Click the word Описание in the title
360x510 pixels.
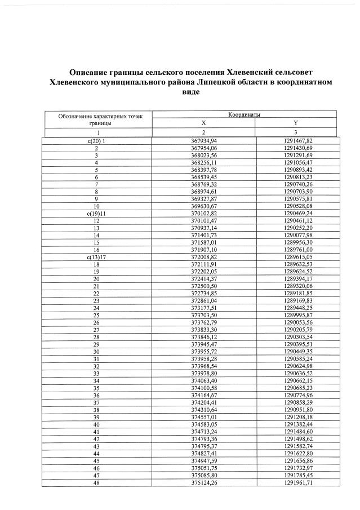pos(87,73)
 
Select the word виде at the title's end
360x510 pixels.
pos(190,91)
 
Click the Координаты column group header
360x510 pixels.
pos(244,114)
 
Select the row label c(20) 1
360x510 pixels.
pos(96,140)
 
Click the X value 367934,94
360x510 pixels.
pos(204,140)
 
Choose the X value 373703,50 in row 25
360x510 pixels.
pos(204,316)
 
